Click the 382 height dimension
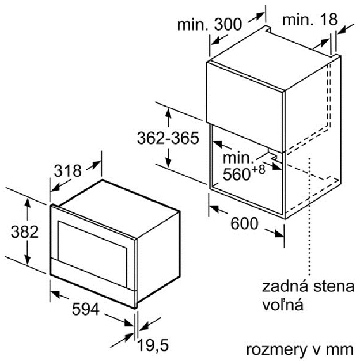[25, 232]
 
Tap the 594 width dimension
[86, 309]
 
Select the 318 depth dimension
[68, 171]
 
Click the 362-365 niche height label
[168, 138]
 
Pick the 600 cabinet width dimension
[244, 223]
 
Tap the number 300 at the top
[228, 24]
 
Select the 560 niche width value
[237, 174]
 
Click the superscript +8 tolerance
[258, 170]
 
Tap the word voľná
[283, 305]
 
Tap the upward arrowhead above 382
[28, 202]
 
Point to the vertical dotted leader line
[310, 216]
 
